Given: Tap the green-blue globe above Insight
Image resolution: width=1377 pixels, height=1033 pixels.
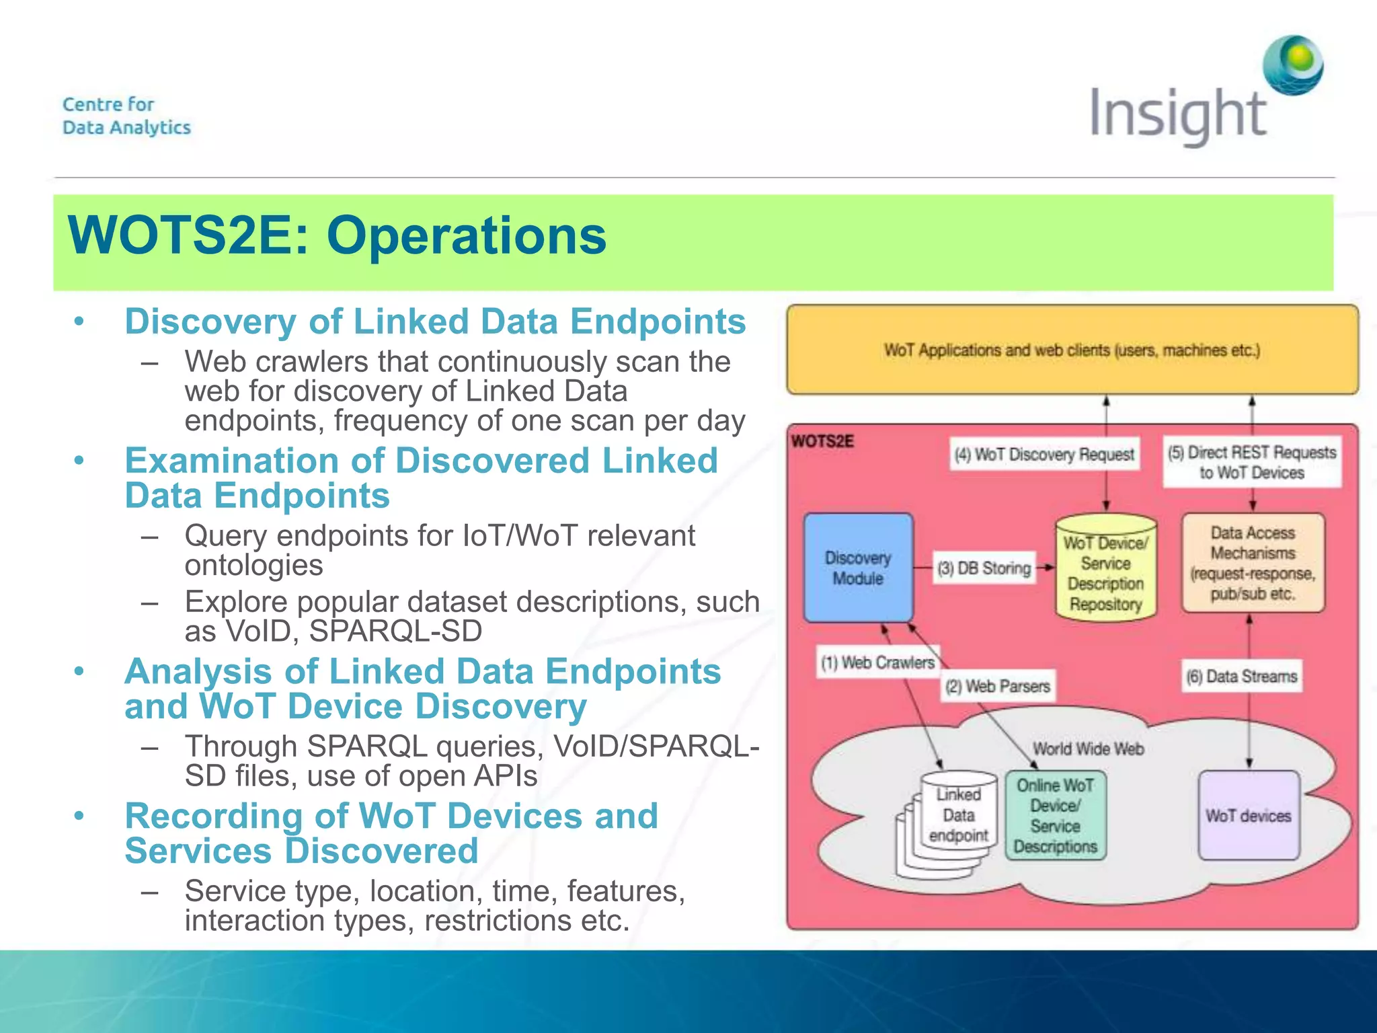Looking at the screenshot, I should coord(1292,65).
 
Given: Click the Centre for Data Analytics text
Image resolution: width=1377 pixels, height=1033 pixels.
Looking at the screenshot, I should coord(126,116).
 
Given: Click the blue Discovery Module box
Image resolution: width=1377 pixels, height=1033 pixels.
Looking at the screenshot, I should coord(858,568).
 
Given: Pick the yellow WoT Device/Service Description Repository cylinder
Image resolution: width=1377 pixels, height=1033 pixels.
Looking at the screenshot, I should coord(1105,569).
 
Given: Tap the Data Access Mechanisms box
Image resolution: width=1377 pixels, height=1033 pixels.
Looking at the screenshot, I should coord(1253,563).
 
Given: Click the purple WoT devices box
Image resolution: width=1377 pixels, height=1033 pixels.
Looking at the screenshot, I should coord(1249,816).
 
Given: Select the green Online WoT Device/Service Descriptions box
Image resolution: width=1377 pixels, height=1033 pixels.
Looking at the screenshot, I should coord(1055,816).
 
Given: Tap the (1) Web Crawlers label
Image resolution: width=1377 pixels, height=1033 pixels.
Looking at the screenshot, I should coord(877,662).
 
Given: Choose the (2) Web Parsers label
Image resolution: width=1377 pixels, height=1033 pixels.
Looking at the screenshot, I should coord(998,686).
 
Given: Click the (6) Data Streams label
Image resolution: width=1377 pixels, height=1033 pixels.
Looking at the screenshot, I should coord(1242,677).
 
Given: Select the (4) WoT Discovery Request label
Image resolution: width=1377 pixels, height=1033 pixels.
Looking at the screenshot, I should coord(1044,455).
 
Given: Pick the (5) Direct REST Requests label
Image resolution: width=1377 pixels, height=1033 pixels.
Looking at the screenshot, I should coord(1252,462).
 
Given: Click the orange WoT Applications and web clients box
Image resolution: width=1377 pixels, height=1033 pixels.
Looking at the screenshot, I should coord(1072,350).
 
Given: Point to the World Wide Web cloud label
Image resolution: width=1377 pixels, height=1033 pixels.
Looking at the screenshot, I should coord(1088,749).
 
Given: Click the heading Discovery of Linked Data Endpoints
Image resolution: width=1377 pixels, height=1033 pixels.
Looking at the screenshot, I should coord(435,321).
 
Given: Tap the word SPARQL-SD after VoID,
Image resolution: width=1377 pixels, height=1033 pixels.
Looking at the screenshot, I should coord(396,631).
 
